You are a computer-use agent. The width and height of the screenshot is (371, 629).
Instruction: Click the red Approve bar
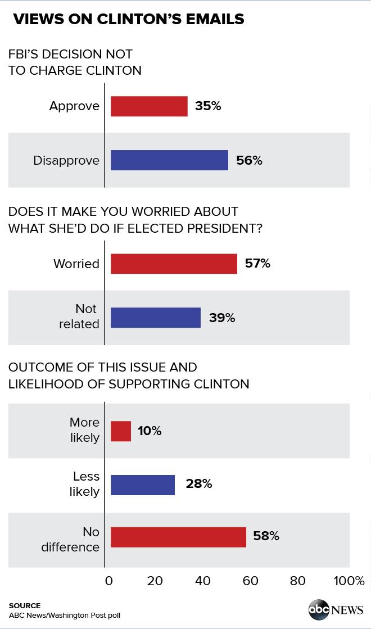tap(149, 106)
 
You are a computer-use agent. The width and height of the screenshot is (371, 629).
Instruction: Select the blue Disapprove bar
tap(169, 160)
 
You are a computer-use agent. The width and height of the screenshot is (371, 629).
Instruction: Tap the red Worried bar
tap(174, 264)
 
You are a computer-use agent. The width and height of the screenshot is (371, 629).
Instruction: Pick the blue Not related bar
tap(155, 318)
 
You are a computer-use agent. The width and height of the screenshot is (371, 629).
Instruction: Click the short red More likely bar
tap(121, 431)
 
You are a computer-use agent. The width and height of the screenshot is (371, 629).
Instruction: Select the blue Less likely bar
tap(143, 485)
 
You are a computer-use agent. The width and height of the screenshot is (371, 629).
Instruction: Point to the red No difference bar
tap(178, 537)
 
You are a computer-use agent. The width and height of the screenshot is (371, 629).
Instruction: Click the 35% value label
tap(208, 106)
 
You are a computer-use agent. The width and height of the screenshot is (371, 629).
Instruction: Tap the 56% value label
tap(249, 161)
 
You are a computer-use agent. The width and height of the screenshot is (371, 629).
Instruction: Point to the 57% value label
tap(257, 264)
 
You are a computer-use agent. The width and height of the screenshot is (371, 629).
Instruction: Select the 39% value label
tap(222, 318)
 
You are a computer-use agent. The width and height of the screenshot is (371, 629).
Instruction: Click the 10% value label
tap(150, 431)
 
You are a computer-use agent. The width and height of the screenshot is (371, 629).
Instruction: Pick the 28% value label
tap(199, 484)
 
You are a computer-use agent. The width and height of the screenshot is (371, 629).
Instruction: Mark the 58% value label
tap(266, 536)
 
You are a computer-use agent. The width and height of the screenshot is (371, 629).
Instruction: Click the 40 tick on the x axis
tap(202, 581)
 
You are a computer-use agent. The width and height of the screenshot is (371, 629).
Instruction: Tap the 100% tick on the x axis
tap(349, 581)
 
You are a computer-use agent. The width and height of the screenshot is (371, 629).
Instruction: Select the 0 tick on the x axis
tap(109, 581)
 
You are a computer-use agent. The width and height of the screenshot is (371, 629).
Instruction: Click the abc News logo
tap(336, 610)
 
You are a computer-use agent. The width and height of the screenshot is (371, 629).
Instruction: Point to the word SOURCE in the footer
tap(25, 605)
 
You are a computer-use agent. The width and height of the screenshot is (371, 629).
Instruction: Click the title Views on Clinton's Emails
tap(129, 19)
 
